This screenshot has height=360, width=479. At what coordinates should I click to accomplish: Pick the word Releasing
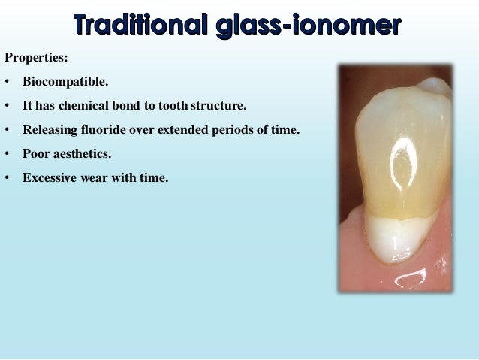pyautogui.click(x=48, y=129)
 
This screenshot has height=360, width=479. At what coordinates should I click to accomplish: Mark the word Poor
pyautogui.click(x=35, y=154)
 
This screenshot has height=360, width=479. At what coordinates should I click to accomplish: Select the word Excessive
pyautogui.click(x=50, y=178)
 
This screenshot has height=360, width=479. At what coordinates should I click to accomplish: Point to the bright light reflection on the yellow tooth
pyautogui.click(x=401, y=154)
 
